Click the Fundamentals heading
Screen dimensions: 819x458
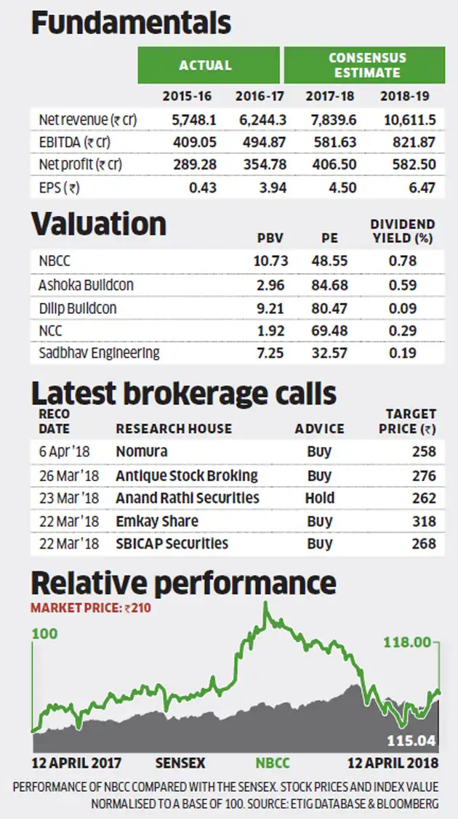click(131, 23)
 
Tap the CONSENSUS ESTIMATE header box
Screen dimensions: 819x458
click(363, 65)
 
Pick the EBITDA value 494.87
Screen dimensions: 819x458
click(259, 141)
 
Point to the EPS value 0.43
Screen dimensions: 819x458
click(196, 187)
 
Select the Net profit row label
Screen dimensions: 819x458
click(81, 164)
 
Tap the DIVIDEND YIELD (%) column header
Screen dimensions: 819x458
click(402, 230)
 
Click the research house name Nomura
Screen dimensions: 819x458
click(142, 451)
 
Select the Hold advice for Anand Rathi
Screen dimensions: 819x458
click(320, 498)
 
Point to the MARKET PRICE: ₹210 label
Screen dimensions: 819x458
click(90, 608)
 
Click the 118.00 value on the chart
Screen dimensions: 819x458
click(407, 642)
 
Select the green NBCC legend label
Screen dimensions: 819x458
click(273, 763)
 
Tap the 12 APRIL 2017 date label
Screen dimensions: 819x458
click(76, 763)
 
